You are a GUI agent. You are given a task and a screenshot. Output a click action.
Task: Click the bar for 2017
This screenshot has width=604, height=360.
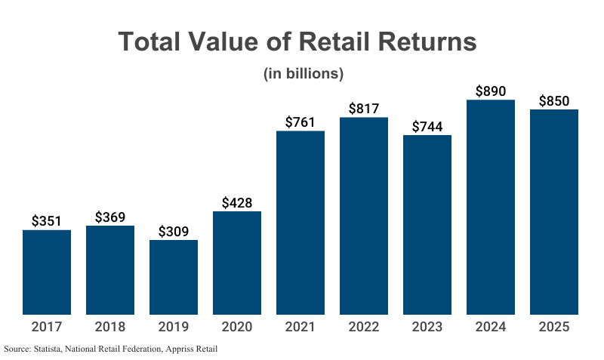pos(47,272)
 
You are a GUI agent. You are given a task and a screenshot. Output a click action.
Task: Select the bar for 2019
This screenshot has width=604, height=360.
pos(174,277)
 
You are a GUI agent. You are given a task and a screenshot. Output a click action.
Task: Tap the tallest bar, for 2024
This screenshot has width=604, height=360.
pos(491,207)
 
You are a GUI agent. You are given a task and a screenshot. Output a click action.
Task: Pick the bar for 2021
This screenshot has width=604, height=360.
pos(300,223)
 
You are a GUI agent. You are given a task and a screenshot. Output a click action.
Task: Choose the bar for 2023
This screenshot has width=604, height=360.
pos(427,225)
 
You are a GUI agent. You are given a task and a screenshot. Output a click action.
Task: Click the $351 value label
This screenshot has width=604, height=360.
pos(47,220)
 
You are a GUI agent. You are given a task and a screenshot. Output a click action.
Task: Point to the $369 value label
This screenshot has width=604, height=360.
pos(110,217)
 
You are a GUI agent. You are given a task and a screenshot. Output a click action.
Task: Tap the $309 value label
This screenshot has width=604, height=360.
pos(174,231)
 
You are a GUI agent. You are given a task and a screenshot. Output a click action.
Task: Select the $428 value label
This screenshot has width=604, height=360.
pos(237,202)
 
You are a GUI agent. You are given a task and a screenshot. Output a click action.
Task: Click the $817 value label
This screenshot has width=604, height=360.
pos(364,108)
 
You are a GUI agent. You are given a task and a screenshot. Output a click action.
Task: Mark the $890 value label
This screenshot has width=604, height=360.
pos(491,91)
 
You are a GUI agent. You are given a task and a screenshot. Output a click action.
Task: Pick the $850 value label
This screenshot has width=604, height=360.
pos(554,100)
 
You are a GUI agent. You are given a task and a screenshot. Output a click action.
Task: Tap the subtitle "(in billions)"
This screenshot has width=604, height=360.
pos(304,74)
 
